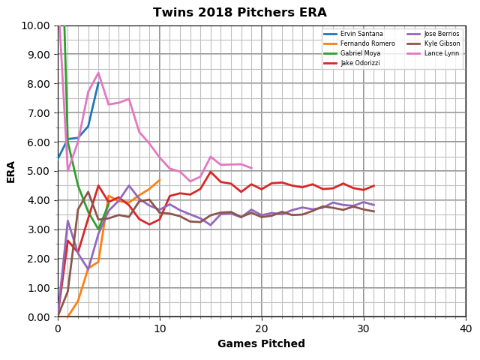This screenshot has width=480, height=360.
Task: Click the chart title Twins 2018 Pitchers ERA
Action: coord(240,13)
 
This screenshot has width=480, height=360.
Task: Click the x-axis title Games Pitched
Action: coord(261,344)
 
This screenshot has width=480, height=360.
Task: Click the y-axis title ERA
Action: coord(11,171)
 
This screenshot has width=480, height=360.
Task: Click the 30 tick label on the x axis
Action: coord(364,328)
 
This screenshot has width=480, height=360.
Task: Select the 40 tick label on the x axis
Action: coord(465,328)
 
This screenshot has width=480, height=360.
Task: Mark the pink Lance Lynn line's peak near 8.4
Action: coord(98,73)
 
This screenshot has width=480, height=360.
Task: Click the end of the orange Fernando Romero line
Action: coord(159,180)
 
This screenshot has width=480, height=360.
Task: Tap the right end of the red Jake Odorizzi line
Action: coord(373,185)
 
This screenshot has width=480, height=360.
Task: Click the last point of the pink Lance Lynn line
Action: coord(251,168)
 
